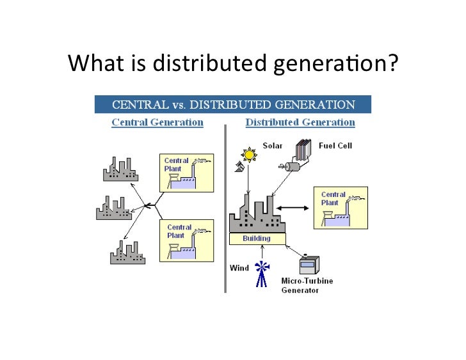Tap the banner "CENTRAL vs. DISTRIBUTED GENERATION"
[233, 104]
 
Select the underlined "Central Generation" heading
[157, 122]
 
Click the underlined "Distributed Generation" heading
[300, 122]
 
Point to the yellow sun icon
[248, 154]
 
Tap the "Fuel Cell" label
[336, 146]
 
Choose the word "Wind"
[239, 268]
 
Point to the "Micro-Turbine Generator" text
[307, 285]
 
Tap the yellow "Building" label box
[257, 239]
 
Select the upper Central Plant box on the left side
[186, 173]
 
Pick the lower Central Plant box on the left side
[186, 240]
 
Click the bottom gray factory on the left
[128, 251]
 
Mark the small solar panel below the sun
[238, 167]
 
